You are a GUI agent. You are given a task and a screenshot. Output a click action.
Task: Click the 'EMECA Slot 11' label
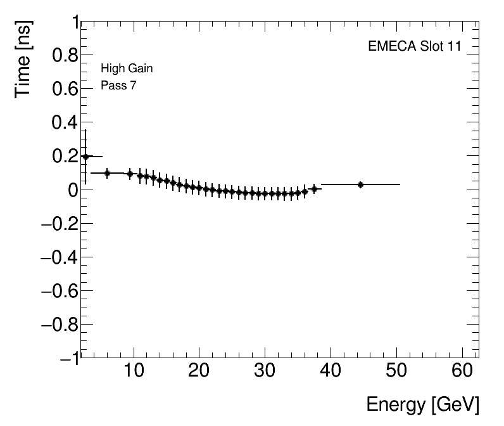[x=414, y=46]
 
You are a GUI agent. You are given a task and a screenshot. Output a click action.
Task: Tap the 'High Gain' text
[x=127, y=68]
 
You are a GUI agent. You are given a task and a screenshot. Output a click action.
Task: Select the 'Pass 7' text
[x=118, y=86]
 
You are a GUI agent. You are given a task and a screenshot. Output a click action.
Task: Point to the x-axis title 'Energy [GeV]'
[x=422, y=404]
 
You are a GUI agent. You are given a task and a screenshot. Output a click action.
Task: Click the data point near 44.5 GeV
[x=360, y=184]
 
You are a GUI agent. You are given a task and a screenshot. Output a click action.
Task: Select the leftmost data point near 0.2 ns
[x=85, y=157]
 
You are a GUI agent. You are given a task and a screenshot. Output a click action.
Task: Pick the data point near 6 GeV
[x=107, y=173]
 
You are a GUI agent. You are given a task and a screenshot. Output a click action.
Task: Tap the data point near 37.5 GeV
[x=314, y=189]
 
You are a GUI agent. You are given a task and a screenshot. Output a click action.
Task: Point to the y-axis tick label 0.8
[x=63, y=56]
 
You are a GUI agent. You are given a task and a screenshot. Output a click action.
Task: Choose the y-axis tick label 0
[x=72, y=190]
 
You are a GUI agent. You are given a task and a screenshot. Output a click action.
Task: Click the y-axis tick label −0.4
[x=58, y=257]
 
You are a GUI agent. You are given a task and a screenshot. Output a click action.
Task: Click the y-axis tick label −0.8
[x=58, y=325]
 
